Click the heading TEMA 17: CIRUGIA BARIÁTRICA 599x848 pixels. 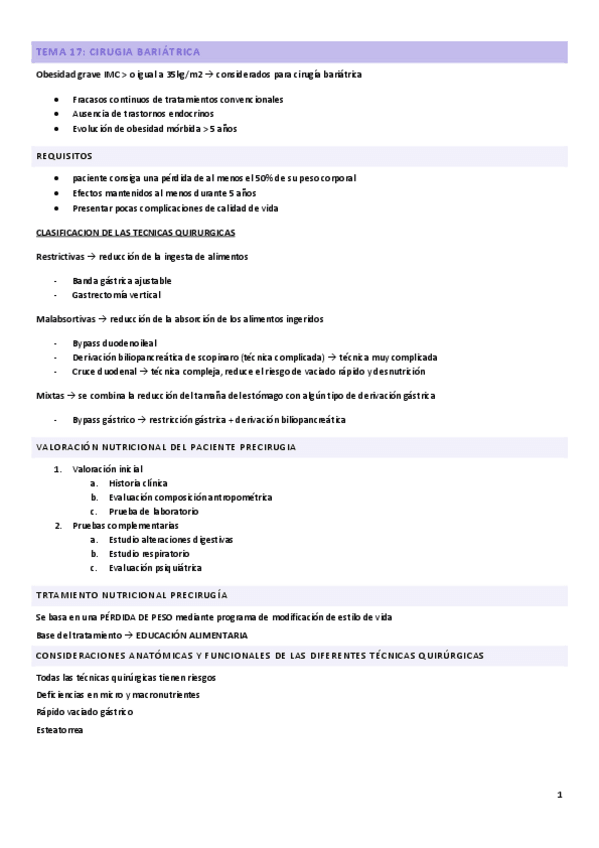click(116, 51)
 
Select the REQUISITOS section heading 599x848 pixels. click(64, 156)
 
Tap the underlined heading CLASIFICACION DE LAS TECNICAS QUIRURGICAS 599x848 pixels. click(135, 232)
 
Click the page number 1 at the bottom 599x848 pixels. click(560, 795)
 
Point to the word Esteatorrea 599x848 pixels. click(59, 730)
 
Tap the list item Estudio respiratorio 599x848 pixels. click(149, 553)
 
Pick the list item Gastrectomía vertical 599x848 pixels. click(116, 295)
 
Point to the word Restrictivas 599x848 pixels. click(57, 257)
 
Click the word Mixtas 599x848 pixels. click(47, 395)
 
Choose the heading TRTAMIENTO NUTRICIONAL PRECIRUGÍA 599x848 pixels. click(131, 594)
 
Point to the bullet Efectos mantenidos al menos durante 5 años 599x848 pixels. click(164, 193)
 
